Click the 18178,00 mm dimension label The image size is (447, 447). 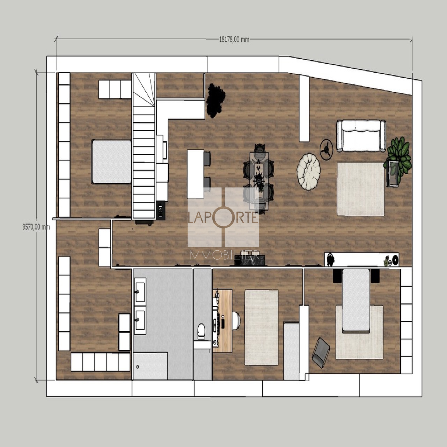(234, 39)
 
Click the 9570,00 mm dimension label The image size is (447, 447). (36, 227)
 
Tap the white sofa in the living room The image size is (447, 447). (361, 136)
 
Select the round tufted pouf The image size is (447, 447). (308, 172)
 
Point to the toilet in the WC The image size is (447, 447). (201, 331)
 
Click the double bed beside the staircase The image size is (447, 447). (112, 162)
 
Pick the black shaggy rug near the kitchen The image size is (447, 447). (215, 100)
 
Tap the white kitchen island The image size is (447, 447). (196, 174)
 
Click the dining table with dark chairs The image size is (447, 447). (259, 180)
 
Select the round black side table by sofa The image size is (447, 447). (326, 150)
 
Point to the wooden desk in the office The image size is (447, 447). (223, 321)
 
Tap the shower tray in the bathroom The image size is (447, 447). (150, 366)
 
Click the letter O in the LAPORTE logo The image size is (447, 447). (223, 217)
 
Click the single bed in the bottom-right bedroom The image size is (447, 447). (356, 300)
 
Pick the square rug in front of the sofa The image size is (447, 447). (361, 189)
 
